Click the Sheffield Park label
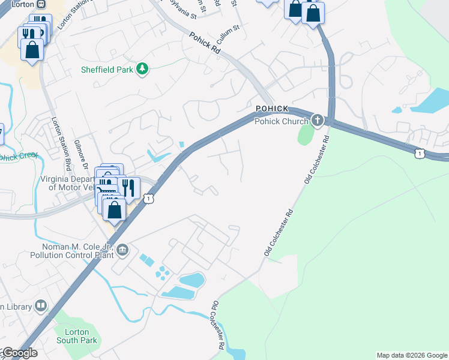[x=107, y=70]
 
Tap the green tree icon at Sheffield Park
[x=142, y=70]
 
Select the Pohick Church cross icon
[x=317, y=121]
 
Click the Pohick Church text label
[x=281, y=121]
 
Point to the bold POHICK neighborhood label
[x=272, y=109]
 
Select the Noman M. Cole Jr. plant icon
[x=122, y=249]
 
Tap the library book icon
[x=41, y=306]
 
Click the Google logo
[x=19, y=353]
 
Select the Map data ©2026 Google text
[x=411, y=355]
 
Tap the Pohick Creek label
[x=18, y=157]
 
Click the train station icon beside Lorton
[x=41, y=4]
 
